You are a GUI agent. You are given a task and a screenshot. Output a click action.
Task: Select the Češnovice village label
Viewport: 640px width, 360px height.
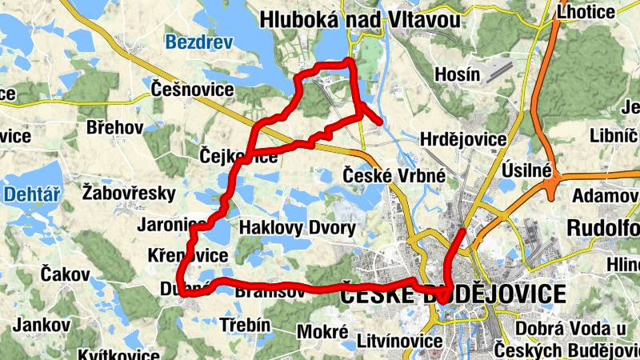point(192,90)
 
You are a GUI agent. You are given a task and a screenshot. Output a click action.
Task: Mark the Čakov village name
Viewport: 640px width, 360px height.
point(65,274)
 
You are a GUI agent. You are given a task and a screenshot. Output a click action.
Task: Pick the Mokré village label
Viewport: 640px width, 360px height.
point(322,330)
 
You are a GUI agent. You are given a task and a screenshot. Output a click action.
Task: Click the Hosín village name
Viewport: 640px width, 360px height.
point(456,74)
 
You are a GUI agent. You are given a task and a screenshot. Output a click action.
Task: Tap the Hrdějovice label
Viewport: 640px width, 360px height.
point(463,140)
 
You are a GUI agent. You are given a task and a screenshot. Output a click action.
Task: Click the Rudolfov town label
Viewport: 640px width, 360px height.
point(604,227)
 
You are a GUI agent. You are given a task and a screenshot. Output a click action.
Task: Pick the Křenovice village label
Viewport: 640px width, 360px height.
point(188,256)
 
